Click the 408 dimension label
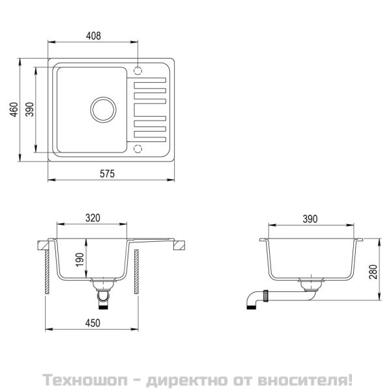(94, 37)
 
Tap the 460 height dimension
(14, 111)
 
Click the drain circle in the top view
(102, 109)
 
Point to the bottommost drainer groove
(150, 135)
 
